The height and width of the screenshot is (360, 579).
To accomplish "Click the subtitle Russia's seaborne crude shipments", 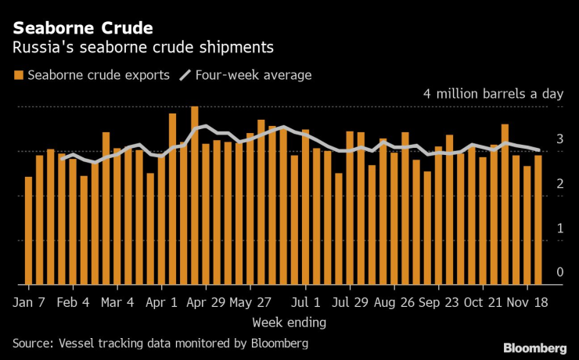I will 142,47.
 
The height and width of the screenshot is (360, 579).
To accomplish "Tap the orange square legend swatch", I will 18,75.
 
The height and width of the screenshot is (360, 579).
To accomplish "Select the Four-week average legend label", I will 254,75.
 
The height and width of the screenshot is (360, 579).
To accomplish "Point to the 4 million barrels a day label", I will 493,94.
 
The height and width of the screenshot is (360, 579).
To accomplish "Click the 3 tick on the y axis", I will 559,139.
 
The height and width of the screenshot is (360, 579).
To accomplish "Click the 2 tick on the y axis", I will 559,183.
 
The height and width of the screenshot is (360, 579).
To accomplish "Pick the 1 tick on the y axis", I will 559,228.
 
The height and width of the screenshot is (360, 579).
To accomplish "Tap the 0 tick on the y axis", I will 559,272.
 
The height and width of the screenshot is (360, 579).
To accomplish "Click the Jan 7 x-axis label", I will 29,301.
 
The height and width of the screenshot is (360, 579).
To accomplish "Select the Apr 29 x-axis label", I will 207,301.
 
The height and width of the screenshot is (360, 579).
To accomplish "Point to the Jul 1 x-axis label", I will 305,301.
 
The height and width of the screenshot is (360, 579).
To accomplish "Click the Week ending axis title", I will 289,322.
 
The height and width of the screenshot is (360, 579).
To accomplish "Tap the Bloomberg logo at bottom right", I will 534,347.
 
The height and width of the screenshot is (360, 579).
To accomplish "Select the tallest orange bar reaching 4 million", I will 195,196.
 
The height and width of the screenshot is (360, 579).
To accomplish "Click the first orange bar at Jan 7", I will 29,231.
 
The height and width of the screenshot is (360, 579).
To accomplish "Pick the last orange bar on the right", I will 538,220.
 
